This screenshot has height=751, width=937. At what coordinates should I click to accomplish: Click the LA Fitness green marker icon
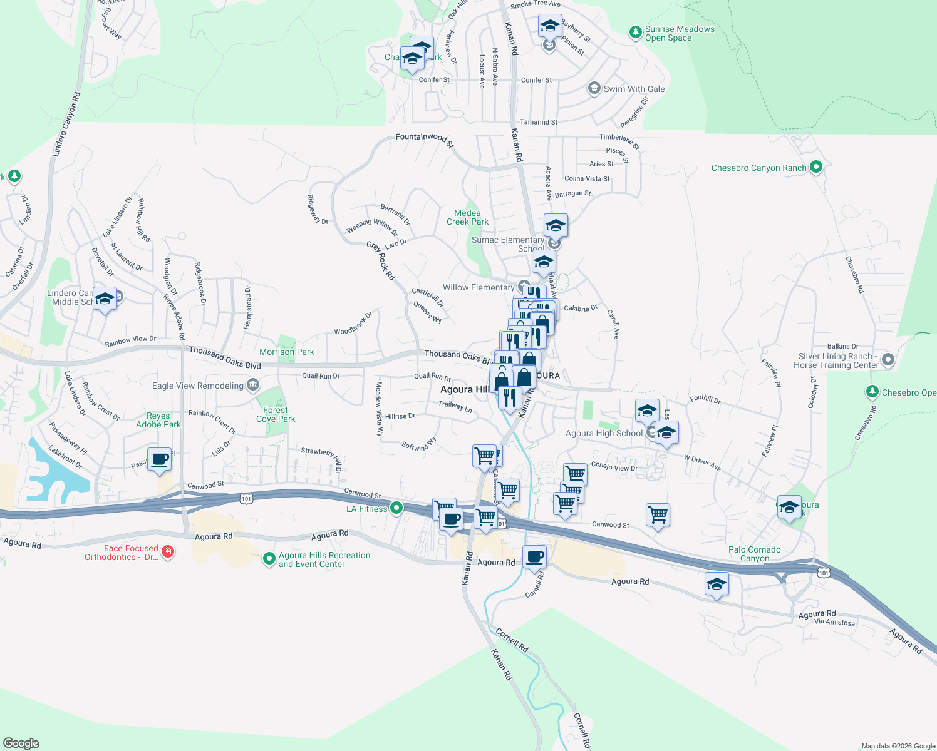point(396,508)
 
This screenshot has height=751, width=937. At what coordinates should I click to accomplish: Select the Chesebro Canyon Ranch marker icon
point(815,167)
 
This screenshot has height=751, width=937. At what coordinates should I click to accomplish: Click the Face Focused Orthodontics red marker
point(167,551)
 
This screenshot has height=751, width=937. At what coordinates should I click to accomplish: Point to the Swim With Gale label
point(634,89)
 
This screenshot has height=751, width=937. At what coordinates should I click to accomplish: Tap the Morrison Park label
point(287,352)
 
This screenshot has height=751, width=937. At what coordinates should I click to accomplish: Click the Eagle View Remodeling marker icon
point(253,385)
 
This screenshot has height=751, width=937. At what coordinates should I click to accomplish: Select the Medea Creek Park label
point(467,217)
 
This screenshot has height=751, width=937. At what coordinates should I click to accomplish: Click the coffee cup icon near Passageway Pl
point(159,459)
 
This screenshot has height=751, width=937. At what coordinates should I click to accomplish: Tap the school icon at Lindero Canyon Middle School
point(105,298)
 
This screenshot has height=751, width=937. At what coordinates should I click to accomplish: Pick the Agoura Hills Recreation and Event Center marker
point(269,558)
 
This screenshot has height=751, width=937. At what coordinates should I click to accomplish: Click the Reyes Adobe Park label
point(158,420)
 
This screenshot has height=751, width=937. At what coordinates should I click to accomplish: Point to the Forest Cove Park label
point(276,414)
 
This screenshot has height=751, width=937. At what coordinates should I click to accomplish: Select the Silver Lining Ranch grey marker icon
point(888,360)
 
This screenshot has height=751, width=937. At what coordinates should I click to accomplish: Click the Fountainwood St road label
point(424,138)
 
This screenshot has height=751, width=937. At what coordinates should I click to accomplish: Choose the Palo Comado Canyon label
point(754,554)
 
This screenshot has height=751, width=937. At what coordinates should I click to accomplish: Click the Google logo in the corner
point(21,743)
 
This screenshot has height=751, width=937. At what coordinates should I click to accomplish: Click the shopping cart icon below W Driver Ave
point(658,515)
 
